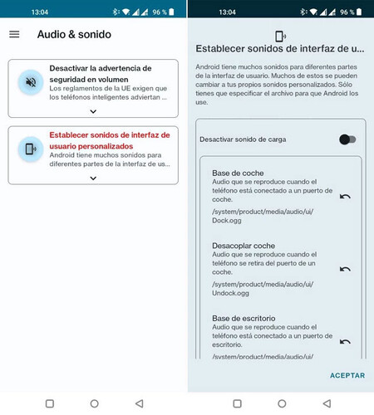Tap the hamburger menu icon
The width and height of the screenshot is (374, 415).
(14, 34)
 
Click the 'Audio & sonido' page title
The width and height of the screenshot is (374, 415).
(74, 35)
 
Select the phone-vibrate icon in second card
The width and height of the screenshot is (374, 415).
(31, 149)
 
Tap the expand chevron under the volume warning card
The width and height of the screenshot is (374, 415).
(93, 110)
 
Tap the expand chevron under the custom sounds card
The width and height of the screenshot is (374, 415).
(93, 178)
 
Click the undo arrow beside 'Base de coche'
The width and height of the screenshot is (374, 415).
(345, 196)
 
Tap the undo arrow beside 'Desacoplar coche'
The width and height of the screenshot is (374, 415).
(345, 269)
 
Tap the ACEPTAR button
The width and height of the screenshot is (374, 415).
(347, 375)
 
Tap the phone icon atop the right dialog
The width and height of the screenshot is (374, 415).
(280, 36)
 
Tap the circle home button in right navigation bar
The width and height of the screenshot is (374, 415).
(280, 403)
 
